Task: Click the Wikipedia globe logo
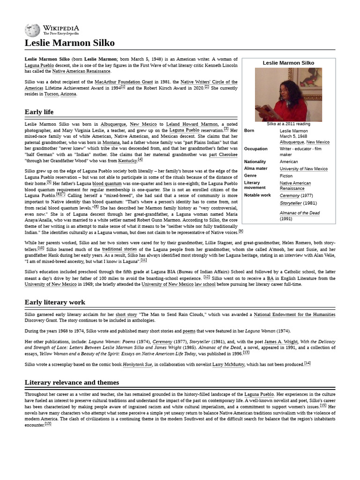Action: (32, 30)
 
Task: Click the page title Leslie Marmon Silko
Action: (69, 44)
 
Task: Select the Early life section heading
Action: (39, 112)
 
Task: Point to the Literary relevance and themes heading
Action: (72, 382)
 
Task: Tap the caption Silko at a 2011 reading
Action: (288, 124)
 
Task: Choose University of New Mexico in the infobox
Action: (304, 169)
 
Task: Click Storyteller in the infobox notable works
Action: (291, 203)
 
